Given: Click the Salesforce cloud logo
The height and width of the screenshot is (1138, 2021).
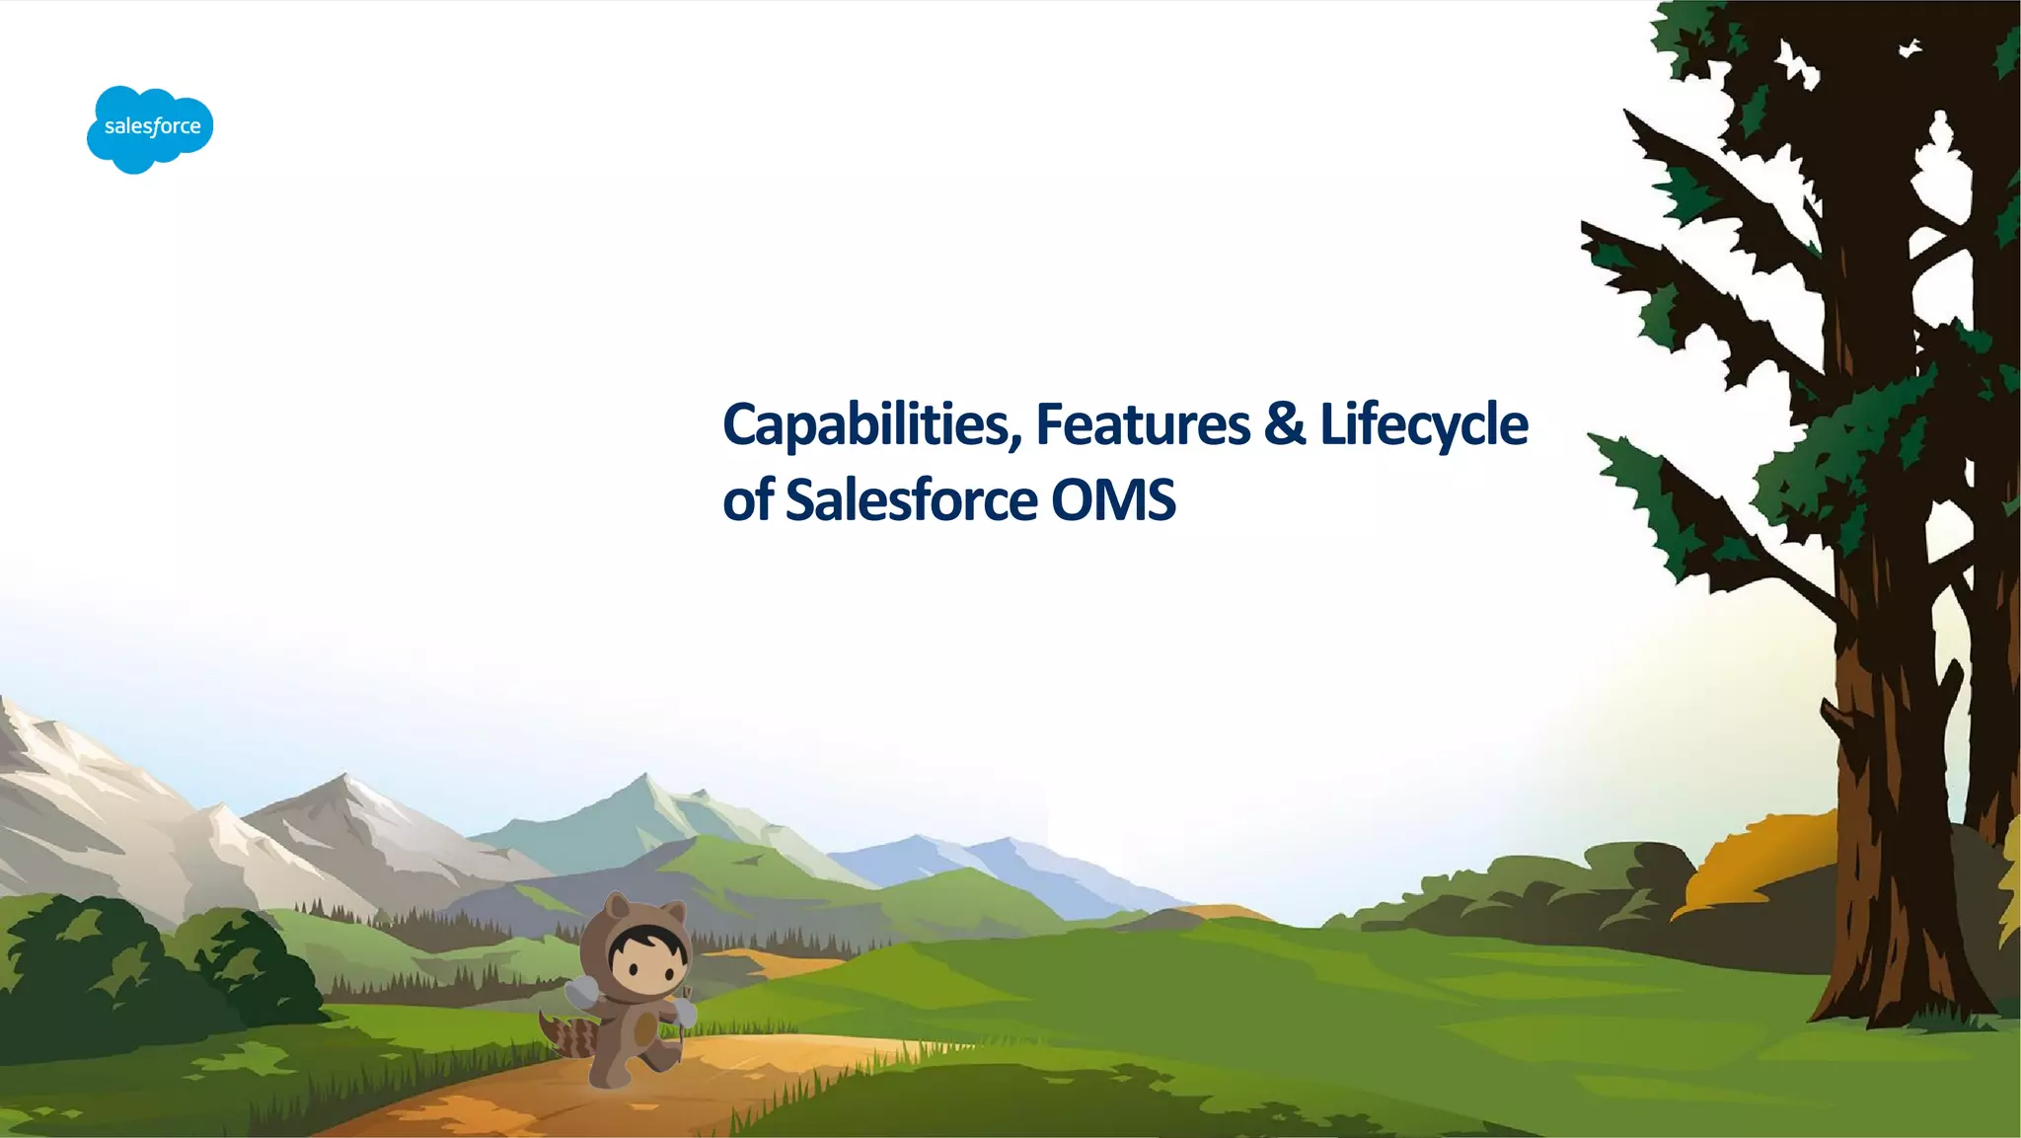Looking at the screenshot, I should (x=150, y=128).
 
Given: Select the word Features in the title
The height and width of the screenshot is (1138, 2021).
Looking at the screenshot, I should (x=1143, y=425).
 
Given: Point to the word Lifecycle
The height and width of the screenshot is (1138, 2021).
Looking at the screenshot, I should (x=1423, y=425).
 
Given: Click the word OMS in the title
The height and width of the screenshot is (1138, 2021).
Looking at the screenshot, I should (x=1112, y=500).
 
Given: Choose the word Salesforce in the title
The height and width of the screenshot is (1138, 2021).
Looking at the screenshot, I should (x=910, y=500).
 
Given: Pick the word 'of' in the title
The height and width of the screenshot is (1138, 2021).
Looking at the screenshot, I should (x=747, y=500).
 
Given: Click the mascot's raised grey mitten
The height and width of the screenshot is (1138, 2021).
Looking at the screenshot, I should (x=581, y=991).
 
